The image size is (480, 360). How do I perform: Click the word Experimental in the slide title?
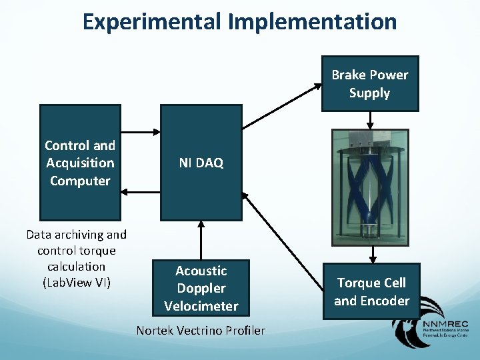tap(152, 21)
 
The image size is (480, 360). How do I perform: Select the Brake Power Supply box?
tap(370, 84)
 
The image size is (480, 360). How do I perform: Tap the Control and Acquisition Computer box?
tap(80, 163)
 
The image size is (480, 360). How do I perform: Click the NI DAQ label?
tap(200, 163)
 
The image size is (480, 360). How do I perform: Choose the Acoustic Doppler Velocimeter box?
tap(201, 288)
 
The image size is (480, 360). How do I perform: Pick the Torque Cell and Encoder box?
tap(371, 292)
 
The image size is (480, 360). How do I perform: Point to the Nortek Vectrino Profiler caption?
tap(201, 331)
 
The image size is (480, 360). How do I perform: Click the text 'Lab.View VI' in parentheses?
tap(77, 282)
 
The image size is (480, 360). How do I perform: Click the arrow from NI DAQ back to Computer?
tap(140, 192)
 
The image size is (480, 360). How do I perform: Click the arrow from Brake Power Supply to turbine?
tap(371, 119)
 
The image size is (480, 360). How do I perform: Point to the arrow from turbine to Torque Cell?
tap(372, 255)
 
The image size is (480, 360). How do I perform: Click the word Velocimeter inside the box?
tap(201, 306)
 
